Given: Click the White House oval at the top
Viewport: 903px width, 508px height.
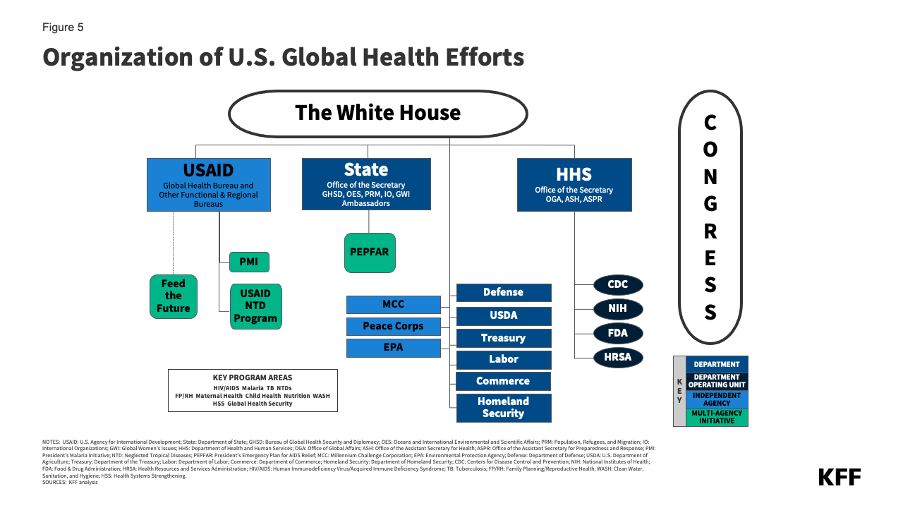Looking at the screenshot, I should point(377,113).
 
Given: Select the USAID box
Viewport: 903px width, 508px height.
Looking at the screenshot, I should point(208,185).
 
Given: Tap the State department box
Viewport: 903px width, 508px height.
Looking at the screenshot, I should point(366,184).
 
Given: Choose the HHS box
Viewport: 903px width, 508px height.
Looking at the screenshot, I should point(574,185).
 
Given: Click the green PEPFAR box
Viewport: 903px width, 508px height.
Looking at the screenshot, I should point(370,253).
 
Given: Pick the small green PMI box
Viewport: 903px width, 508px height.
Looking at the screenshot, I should point(249,262).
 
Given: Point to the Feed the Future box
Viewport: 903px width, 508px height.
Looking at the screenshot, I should point(174,296).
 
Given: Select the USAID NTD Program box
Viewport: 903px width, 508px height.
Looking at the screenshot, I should point(255,306).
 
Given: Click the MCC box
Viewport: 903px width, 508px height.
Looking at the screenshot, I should point(394,304).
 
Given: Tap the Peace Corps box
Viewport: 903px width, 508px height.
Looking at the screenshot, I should point(394,326).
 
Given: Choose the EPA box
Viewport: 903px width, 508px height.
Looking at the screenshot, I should point(394,348).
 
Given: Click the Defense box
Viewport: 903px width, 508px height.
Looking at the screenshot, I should point(503,292).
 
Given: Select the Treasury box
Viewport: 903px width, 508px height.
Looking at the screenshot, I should point(503,338).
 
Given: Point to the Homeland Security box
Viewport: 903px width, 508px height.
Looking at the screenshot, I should point(503,407).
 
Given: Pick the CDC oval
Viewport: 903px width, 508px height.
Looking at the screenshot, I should point(617,285).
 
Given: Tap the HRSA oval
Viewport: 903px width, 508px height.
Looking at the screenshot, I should point(617,357).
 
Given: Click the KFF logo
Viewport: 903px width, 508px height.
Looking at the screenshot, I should point(839,477).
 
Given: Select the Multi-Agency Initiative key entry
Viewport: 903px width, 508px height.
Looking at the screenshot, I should point(717,418).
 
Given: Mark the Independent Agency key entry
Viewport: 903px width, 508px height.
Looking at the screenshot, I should point(717,399).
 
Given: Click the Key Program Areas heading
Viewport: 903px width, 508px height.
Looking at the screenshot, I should point(252,377).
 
